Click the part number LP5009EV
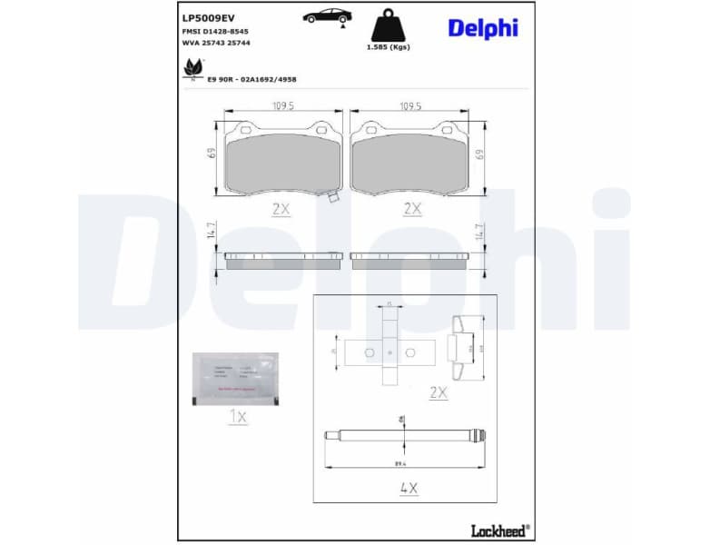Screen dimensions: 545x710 (x=209, y=17)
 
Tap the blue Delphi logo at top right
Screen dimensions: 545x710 (x=482, y=28)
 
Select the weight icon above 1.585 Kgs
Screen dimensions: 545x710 (x=388, y=25)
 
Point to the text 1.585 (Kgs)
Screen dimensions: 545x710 (x=388, y=47)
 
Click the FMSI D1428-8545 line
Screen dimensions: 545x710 (x=216, y=31)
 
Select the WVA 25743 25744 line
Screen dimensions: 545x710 (x=216, y=43)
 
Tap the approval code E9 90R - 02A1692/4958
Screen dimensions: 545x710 (x=251, y=80)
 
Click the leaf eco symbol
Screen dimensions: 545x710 (x=192, y=68)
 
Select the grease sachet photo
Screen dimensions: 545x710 (x=235, y=377)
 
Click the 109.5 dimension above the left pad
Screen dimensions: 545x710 (x=283, y=106)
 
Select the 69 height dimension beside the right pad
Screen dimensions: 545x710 (x=479, y=154)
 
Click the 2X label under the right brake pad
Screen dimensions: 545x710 (x=412, y=208)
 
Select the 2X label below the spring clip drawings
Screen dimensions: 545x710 (x=439, y=392)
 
